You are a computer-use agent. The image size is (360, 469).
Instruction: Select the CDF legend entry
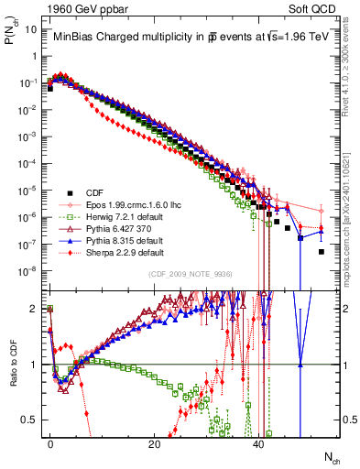point(95,193)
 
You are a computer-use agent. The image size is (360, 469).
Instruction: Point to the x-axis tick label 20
point(155,443)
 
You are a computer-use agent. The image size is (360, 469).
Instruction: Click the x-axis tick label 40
point(259,443)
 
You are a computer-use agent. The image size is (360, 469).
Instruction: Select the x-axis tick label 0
point(50,443)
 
